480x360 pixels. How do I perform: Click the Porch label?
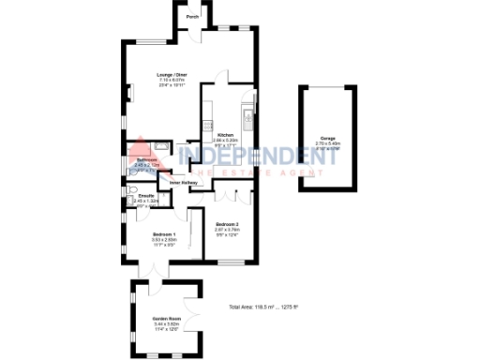(x=192, y=17)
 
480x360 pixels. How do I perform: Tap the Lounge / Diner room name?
(x=172, y=75)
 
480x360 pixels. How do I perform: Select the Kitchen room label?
(x=225, y=135)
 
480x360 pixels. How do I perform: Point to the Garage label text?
(x=327, y=138)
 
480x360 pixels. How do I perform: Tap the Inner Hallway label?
(x=184, y=182)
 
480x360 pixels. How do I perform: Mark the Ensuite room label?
(x=145, y=196)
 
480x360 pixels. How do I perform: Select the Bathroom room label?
(x=145, y=160)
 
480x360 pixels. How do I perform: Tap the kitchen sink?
(x=245, y=119)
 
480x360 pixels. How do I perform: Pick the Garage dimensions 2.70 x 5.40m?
(x=327, y=143)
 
